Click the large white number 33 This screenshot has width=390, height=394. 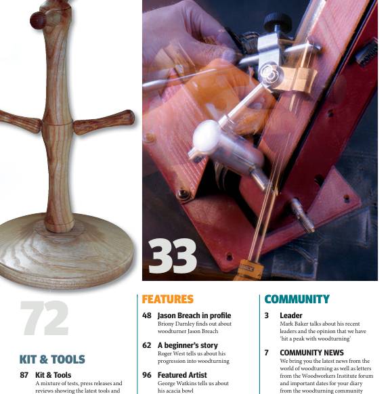[x=173, y=257]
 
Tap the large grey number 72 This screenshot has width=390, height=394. [x=44, y=318]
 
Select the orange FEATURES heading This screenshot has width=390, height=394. [x=167, y=299]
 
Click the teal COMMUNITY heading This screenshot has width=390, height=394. [x=297, y=299]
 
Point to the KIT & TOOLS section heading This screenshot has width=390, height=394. [x=52, y=359]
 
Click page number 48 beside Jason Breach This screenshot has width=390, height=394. [x=146, y=315]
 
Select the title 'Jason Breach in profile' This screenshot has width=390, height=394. [x=194, y=315]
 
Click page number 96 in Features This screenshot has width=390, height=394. [x=146, y=374]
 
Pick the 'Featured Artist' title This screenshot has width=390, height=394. [x=183, y=374]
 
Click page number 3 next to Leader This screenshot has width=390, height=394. [x=267, y=315]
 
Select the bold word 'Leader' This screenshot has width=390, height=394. [x=291, y=315]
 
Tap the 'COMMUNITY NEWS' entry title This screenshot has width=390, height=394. [x=311, y=353]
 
